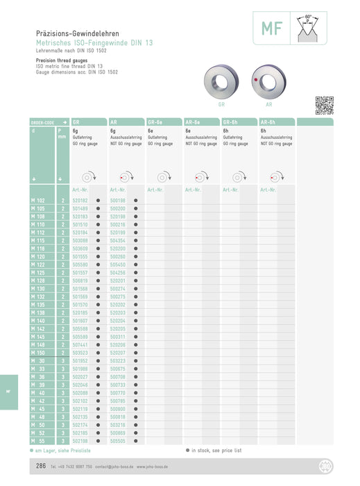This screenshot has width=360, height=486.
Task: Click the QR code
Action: [x=324, y=105]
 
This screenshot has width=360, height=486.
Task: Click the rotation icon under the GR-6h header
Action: [x=237, y=176]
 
